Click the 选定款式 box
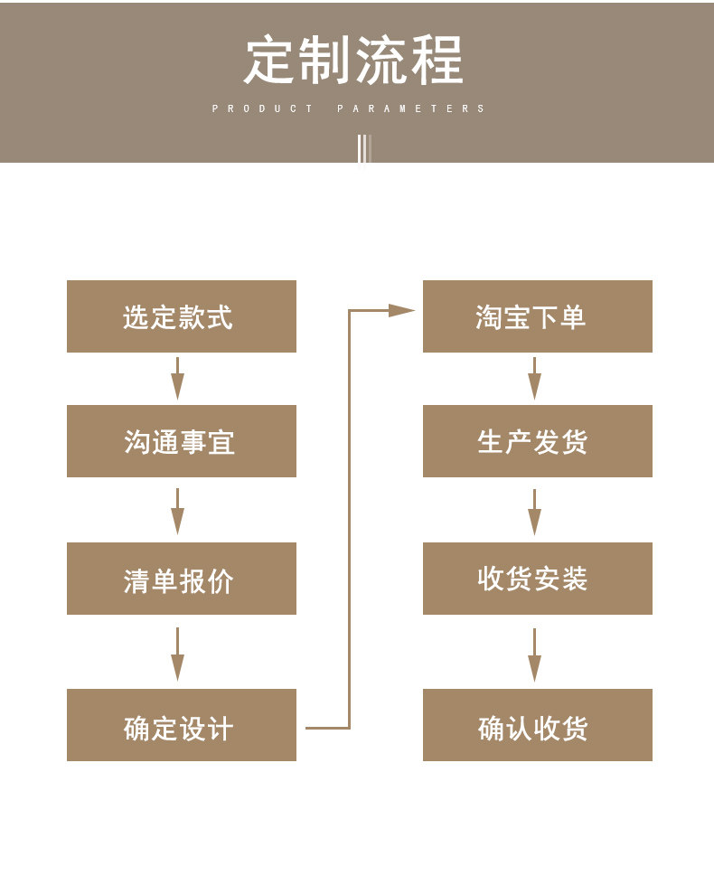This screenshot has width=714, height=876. (x=182, y=316)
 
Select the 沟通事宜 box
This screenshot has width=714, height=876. (x=182, y=441)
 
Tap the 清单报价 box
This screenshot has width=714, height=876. (x=182, y=579)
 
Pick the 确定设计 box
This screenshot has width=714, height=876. (x=182, y=725)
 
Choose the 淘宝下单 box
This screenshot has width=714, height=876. (x=538, y=316)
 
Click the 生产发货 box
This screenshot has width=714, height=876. (x=538, y=441)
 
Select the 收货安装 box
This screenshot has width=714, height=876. (x=538, y=579)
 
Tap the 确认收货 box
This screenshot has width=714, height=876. (x=538, y=725)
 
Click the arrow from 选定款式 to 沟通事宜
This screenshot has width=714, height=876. (x=178, y=378)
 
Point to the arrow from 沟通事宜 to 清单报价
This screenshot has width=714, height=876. (x=178, y=511)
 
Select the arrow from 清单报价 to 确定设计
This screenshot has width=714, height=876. (x=178, y=655)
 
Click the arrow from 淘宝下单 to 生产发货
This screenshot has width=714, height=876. (x=535, y=378)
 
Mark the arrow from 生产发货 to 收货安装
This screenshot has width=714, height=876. (x=535, y=512)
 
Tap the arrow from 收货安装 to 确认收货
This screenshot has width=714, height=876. (x=535, y=655)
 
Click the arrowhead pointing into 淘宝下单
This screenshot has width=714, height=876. (x=401, y=310)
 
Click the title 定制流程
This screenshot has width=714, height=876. (x=353, y=60)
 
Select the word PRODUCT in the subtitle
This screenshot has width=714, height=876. (x=262, y=108)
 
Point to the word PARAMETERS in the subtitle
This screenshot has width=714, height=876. (x=410, y=108)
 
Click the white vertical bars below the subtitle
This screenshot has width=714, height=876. (x=364, y=148)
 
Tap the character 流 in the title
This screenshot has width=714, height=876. (x=381, y=60)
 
